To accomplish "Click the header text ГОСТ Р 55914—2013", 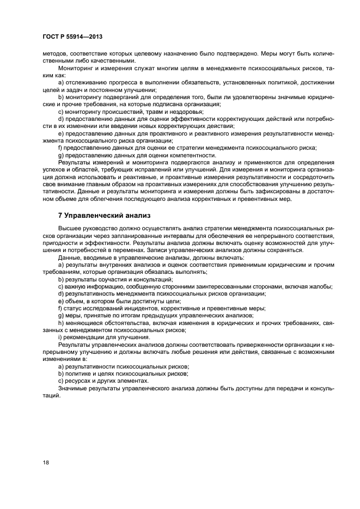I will (x=69, y=36).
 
